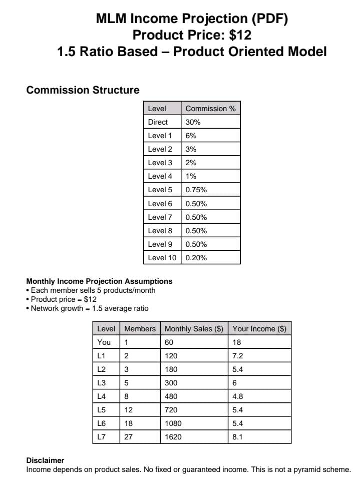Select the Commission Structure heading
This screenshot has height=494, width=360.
(x=83, y=90)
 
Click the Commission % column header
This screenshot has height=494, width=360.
(x=210, y=109)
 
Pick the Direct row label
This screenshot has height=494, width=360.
(x=158, y=122)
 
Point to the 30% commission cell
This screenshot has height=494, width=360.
(x=193, y=122)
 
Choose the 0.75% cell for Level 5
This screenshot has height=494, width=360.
(x=196, y=190)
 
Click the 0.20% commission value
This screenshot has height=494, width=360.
(x=196, y=258)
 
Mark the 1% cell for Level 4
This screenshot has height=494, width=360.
(x=191, y=176)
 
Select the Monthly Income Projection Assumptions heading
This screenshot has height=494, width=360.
(x=99, y=281)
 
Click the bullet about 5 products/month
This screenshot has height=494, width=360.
(x=93, y=290)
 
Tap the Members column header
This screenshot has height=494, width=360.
(x=140, y=329)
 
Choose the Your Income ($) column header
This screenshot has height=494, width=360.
(x=259, y=329)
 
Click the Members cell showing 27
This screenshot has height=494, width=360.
(x=128, y=437)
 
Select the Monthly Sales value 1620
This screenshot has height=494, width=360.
(x=173, y=437)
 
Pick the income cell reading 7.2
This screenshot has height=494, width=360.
(x=237, y=356)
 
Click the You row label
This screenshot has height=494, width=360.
(x=104, y=342)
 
